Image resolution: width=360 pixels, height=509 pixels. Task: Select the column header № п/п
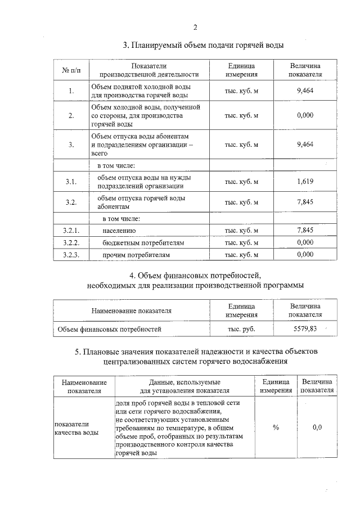pyautogui.click(x=71, y=70)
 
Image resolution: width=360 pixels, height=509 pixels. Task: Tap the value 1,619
pyautogui.click(x=304, y=181)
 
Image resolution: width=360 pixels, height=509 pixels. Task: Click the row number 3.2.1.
pyautogui.click(x=71, y=231)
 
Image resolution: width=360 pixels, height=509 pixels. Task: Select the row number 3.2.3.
pyautogui.click(x=71, y=255)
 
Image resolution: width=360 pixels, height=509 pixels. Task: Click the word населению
pyautogui.click(x=119, y=231)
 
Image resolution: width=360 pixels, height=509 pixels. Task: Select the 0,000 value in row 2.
pyautogui.click(x=304, y=115)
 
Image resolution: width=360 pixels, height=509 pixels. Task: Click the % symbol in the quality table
pyautogui.click(x=276, y=428)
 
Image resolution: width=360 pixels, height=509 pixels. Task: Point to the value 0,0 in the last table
pyautogui.click(x=317, y=428)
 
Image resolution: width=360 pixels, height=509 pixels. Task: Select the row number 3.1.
pyautogui.click(x=71, y=181)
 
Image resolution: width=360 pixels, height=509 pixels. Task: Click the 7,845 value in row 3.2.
pyautogui.click(x=304, y=202)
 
